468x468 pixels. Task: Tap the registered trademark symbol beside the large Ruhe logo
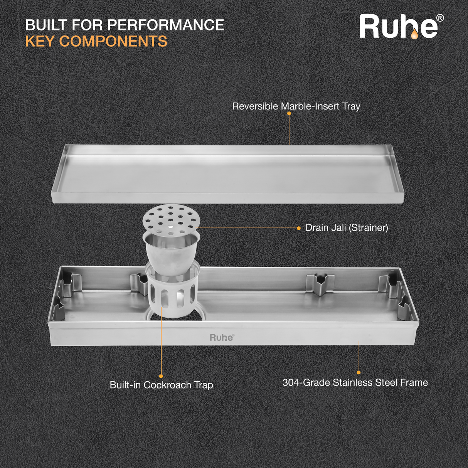click(x=440, y=18)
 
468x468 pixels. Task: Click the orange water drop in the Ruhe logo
click(x=414, y=35)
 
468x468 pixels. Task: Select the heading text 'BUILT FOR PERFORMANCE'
click(x=125, y=25)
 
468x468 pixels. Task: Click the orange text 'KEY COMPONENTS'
click(x=96, y=42)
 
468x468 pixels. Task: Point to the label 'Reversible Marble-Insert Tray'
click(x=296, y=106)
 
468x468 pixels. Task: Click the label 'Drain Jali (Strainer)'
click(x=347, y=228)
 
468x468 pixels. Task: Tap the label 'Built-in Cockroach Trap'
click(x=161, y=385)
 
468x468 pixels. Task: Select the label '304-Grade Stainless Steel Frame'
click(x=355, y=382)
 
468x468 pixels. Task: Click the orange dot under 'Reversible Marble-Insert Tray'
click(x=289, y=114)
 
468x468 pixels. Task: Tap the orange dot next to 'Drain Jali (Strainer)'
click(x=298, y=228)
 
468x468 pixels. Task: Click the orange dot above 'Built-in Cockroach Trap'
click(x=161, y=376)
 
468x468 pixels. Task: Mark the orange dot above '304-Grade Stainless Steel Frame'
click(x=359, y=372)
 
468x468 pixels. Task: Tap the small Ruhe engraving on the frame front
click(x=222, y=338)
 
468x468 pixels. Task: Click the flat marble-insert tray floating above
click(x=227, y=173)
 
